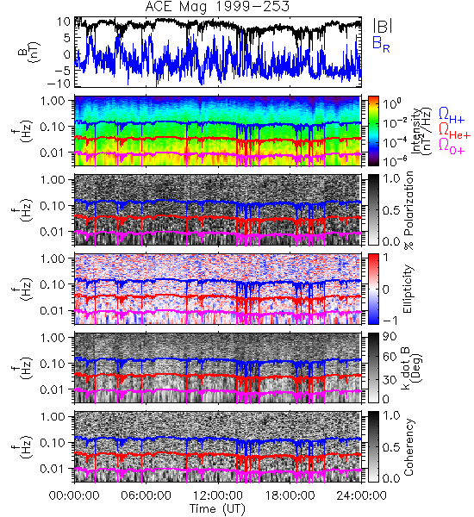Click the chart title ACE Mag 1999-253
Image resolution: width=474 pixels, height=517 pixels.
coord(217,7)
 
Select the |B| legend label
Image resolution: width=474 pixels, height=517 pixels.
coord(383,25)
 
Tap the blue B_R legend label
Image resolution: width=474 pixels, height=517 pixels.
coord(381,44)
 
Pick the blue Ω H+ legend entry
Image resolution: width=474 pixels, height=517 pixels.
coord(452,115)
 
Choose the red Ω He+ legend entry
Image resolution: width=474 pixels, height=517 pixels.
coord(454,131)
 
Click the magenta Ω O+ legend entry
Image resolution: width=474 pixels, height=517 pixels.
coord(452,146)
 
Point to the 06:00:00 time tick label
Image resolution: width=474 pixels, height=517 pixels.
coord(146,495)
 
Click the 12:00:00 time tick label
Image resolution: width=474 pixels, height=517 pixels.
coord(218,495)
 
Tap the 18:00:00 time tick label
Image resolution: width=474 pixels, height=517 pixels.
coord(290,495)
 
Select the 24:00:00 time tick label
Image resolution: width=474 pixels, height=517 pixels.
coord(361,495)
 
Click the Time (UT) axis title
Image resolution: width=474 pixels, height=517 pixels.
coord(218,508)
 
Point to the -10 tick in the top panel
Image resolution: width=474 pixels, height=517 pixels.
coord(59,84)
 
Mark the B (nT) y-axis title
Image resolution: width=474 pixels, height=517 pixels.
coord(28,52)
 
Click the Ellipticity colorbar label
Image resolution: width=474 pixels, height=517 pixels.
coord(408,289)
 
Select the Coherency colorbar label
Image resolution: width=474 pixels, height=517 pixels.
coord(408,447)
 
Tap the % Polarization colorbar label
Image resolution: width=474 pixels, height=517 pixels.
coord(409,210)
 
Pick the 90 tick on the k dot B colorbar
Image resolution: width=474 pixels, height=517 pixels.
coord(390,337)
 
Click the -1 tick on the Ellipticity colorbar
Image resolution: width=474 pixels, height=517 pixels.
coord(390,321)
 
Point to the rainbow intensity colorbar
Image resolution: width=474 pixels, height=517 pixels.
coord(373,131)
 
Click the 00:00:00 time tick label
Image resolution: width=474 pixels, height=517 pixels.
coord(74,495)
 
